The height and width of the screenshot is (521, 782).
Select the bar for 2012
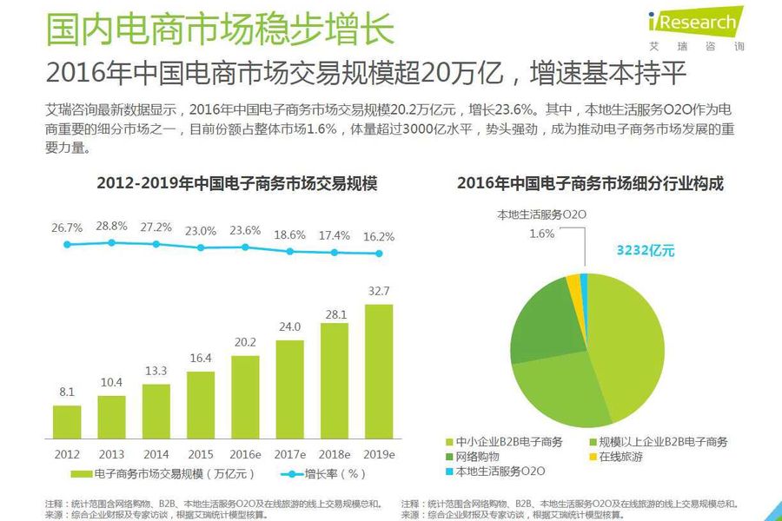(67, 422)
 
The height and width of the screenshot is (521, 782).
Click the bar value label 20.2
(245, 342)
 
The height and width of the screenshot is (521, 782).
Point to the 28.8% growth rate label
(112, 226)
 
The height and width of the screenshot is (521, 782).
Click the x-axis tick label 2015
(201, 454)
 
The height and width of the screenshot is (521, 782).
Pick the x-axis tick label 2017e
(290, 454)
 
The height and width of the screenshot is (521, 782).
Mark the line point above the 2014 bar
(156, 244)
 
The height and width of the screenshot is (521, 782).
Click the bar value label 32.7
(379, 291)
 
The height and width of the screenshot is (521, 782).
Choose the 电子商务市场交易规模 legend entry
(165, 474)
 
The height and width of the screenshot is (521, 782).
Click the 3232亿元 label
(646, 251)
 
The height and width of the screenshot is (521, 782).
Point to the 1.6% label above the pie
(541, 233)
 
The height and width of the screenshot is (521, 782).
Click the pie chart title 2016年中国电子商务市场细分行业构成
(591, 183)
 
